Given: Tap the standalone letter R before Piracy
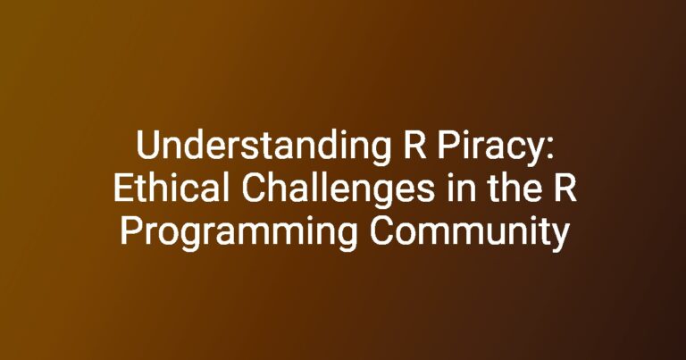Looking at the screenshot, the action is click(x=414, y=146).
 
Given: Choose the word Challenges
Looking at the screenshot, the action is click(x=339, y=190).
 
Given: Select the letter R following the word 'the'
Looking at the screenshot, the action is click(x=565, y=188).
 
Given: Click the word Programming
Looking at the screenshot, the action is click(x=238, y=233).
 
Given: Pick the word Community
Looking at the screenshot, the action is click(x=470, y=233).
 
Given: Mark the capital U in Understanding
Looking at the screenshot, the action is click(x=147, y=146).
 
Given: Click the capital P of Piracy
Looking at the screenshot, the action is click(x=448, y=146).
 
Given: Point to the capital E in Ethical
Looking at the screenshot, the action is click(x=123, y=188).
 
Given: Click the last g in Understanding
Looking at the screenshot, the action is click(x=381, y=153).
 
